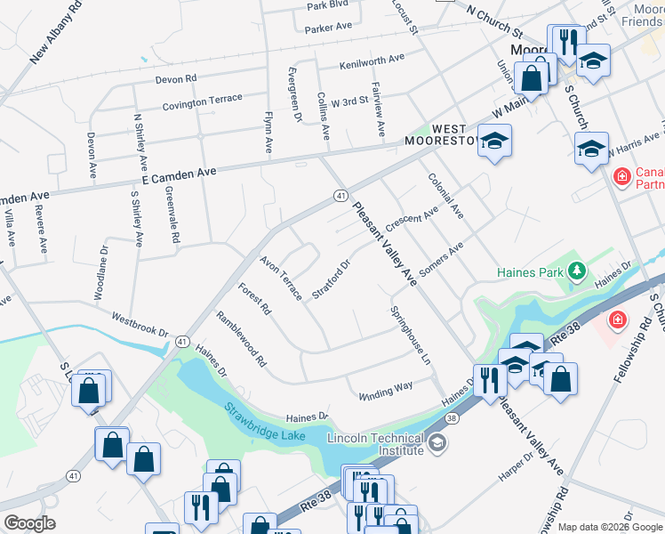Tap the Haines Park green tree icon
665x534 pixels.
click(577, 270)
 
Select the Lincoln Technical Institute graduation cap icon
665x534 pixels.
click(436, 442)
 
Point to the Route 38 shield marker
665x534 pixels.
click(453, 417)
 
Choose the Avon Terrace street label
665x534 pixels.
click(280, 278)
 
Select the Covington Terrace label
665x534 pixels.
click(202, 102)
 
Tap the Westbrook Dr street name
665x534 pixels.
click(140, 324)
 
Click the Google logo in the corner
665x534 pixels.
click(29, 523)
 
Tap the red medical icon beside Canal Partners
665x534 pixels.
click(621, 177)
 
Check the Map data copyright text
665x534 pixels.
click(609, 527)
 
